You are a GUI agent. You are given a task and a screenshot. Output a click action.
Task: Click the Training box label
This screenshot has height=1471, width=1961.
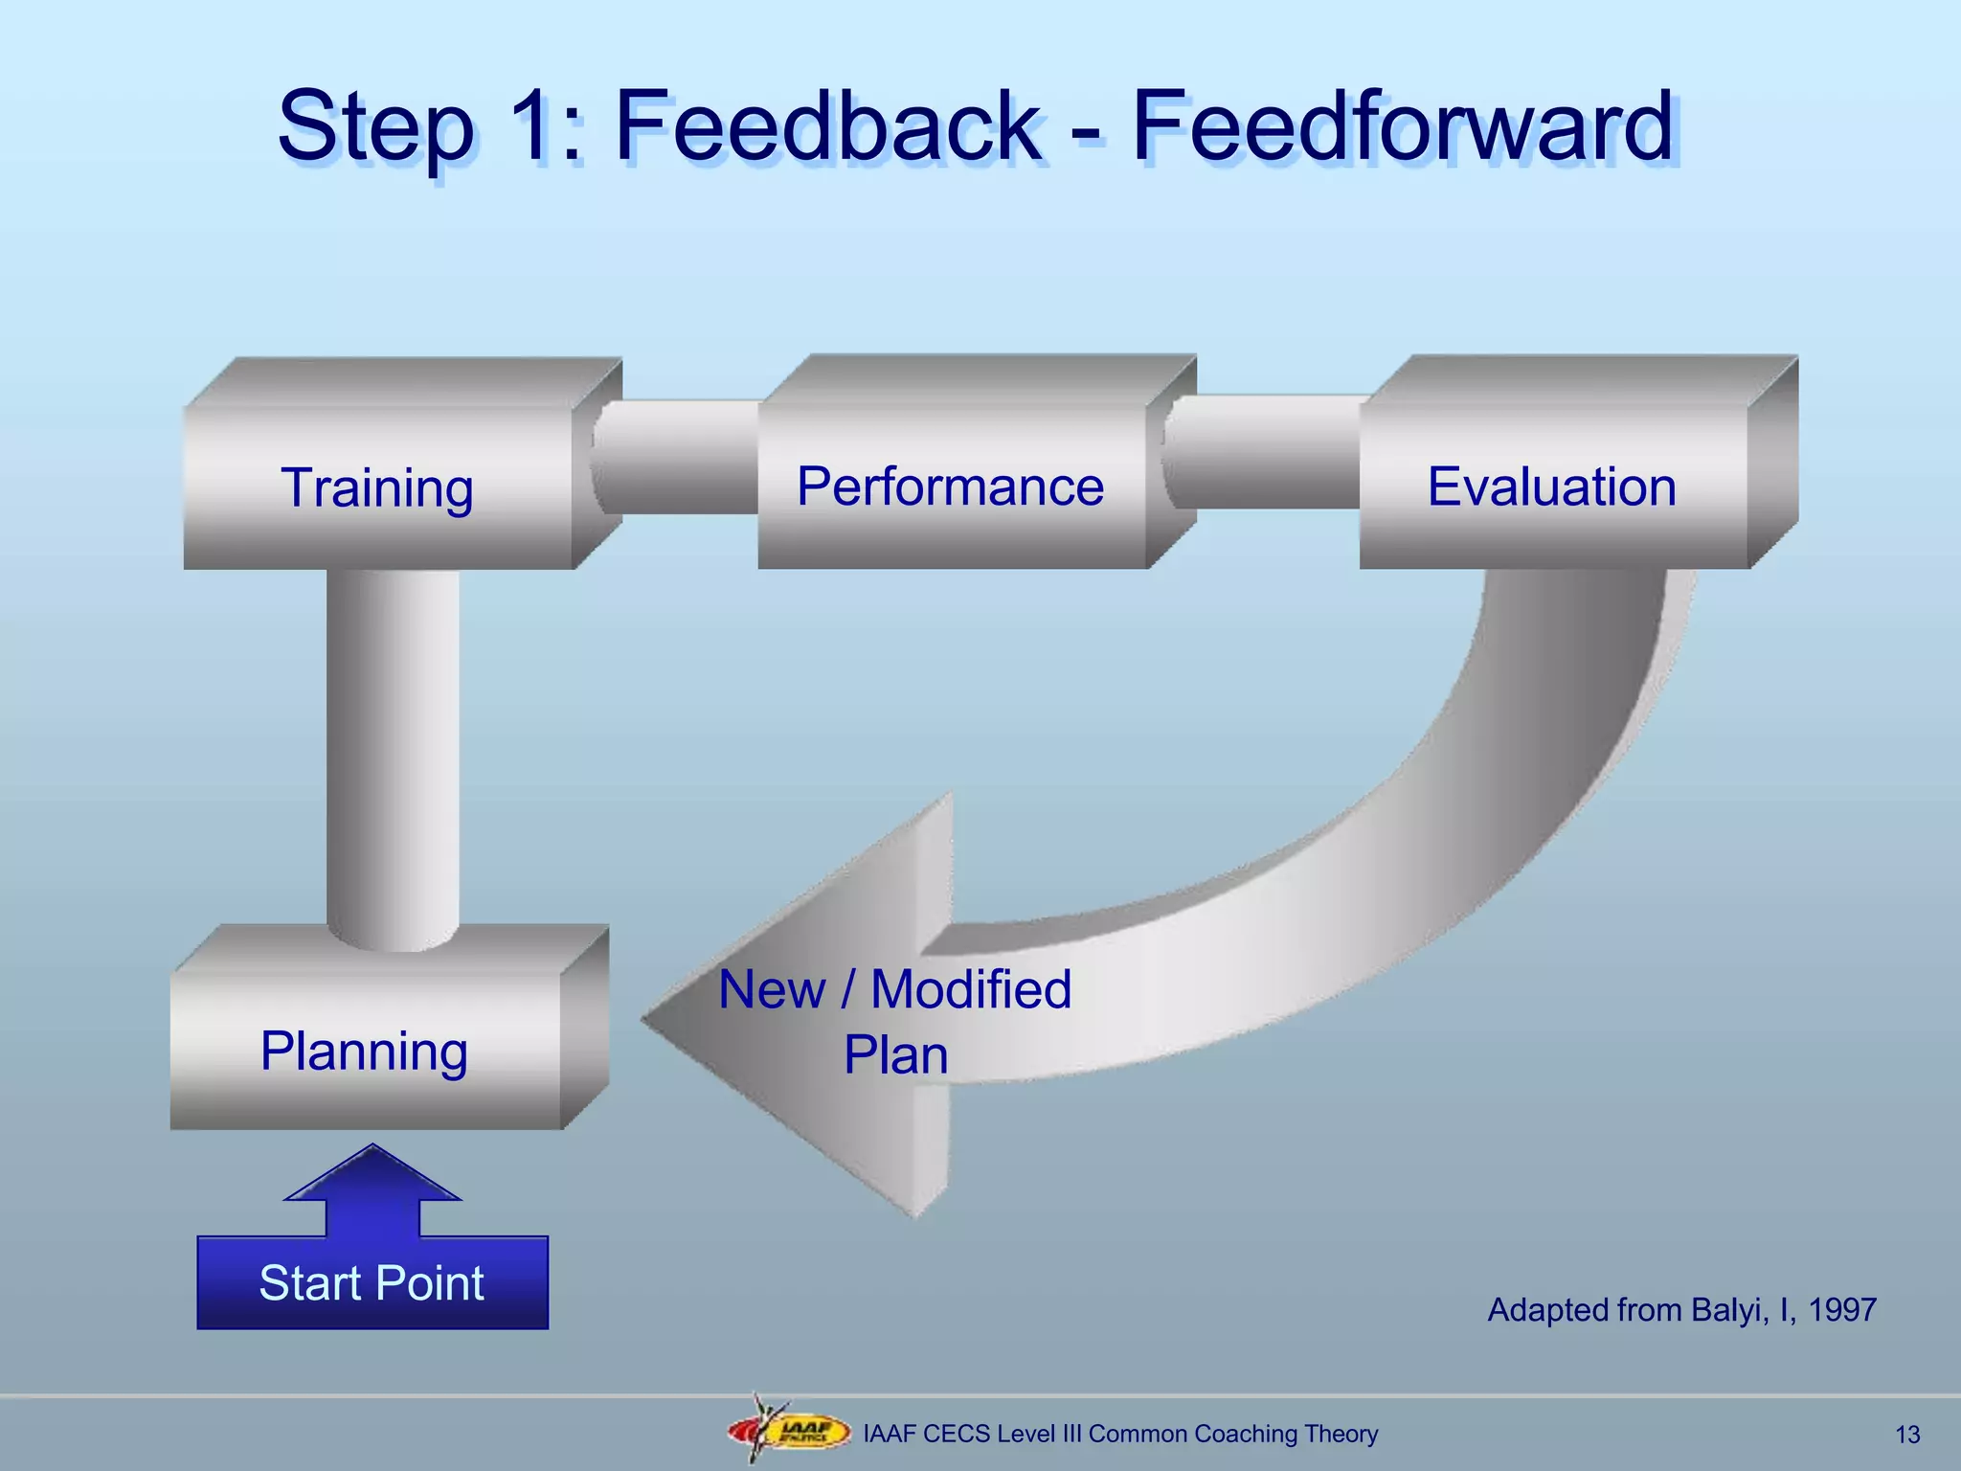tap(377, 488)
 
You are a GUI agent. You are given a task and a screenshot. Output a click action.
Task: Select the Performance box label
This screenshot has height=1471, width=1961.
tap(950, 487)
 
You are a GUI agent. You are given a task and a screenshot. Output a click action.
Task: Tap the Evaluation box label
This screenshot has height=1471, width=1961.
tap(1551, 487)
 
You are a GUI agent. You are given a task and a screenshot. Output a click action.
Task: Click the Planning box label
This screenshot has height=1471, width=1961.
tap(364, 1052)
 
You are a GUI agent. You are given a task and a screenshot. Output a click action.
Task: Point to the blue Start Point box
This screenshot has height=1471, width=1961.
tap(372, 1283)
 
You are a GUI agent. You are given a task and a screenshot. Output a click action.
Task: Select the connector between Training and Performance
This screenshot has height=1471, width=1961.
tap(676, 458)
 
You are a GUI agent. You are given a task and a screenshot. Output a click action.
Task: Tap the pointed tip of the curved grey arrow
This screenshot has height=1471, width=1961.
tap(651, 1021)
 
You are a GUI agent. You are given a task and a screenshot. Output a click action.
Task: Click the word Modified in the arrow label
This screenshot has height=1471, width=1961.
tap(970, 989)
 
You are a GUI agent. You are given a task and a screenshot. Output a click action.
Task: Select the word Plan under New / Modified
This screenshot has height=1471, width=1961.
tap(895, 1055)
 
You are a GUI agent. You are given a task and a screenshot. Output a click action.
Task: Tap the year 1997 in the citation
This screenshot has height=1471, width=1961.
tap(1842, 1310)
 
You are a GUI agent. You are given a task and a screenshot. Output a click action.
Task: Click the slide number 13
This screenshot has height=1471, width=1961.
tap(1907, 1435)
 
